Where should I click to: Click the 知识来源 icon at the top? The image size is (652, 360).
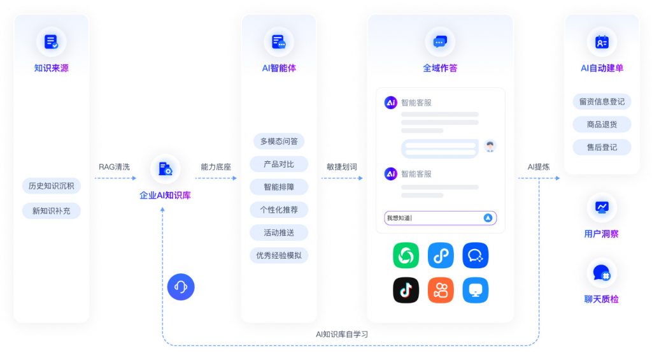(51, 42)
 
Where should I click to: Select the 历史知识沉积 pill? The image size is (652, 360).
(51, 186)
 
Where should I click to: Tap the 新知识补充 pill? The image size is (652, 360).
(51, 211)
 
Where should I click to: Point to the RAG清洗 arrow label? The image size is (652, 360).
(114, 167)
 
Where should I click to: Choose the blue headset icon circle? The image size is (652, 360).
(181, 287)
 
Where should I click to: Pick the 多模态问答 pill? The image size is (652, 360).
(279, 141)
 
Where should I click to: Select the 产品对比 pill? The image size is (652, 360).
(279, 164)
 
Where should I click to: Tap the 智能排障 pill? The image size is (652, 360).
(279, 187)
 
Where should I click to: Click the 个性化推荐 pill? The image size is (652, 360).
(279, 210)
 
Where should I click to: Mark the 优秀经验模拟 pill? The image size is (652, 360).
(279, 256)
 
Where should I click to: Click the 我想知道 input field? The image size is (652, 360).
(433, 218)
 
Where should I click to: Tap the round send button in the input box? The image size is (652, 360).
(488, 218)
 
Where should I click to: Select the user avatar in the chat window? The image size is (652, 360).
(489, 147)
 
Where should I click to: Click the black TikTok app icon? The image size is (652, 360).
(406, 290)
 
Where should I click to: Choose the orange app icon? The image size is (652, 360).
(441, 290)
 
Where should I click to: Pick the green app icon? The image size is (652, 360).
(406, 256)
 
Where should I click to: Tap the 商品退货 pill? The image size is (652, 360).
(602, 124)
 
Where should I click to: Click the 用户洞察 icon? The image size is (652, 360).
(602, 207)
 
